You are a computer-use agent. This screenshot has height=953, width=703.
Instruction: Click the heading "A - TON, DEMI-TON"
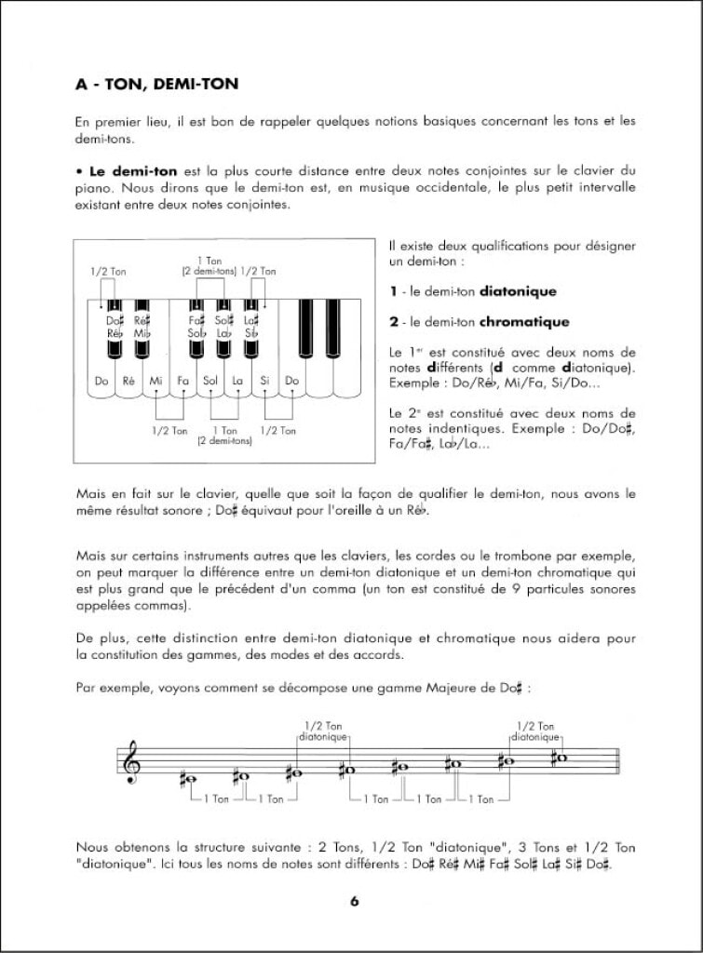(157, 85)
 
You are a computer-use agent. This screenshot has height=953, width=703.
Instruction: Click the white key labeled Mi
(155, 381)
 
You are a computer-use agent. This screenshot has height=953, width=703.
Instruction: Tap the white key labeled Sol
(210, 381)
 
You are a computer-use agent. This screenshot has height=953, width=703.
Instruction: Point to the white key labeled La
(237, 381)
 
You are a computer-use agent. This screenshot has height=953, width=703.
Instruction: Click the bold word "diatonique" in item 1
(518, 291)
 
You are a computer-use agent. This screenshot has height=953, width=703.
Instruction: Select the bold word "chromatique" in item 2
(524, 322)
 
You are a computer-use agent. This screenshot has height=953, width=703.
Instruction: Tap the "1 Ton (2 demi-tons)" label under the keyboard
(224, 436)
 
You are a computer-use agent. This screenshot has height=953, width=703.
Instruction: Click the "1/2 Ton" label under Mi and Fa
(169, 431)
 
